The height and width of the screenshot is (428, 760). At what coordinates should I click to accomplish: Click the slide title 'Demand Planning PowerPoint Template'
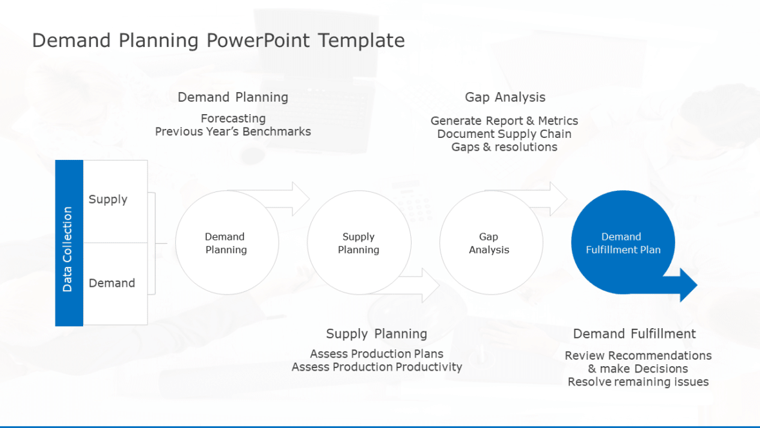pos(218,40)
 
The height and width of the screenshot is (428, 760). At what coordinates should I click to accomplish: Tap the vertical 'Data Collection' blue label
pos(69,243)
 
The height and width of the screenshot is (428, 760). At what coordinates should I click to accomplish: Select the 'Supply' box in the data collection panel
pos(115,201)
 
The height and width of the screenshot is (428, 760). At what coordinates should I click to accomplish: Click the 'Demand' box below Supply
pos(115,284)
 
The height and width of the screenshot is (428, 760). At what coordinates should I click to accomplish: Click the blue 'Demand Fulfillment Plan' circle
pos(623,242)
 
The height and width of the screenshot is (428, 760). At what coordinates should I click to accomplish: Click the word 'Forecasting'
pos(233,119)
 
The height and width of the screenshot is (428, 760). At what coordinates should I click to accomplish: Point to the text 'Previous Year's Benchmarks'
pos(233,131)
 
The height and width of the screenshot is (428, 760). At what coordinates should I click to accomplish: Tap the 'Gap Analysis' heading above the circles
pos(505,97)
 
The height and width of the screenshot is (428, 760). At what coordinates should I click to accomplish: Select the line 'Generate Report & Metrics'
pos(504,121)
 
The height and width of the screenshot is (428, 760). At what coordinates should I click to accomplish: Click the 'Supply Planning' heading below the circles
pos(377,334)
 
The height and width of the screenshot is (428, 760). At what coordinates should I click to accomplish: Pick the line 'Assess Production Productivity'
pos(377,367)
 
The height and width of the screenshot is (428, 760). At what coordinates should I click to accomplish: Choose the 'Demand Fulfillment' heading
pos(634,334)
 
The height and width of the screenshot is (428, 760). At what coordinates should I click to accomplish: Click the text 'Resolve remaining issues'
pos(638,382)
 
